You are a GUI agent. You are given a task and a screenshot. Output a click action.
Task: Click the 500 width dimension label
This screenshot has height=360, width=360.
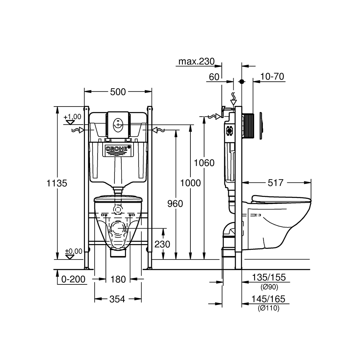tap(118, 92)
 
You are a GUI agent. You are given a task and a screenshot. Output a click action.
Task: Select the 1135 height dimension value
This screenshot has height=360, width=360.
tap(57, 183)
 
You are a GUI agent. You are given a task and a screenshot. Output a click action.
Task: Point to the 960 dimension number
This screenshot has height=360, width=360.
tap(175, 204)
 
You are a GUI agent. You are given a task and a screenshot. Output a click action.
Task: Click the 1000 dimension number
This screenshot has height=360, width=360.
tap(190, 183)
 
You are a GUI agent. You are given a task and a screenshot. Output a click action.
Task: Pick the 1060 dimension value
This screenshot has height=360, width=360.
tap(204, 163)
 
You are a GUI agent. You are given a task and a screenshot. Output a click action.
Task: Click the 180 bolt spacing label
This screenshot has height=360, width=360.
tap(118, 279)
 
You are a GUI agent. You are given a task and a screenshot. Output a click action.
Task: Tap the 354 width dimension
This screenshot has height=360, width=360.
tap(118, 299)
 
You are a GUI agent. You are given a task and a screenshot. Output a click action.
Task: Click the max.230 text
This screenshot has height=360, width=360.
tap(197, 62)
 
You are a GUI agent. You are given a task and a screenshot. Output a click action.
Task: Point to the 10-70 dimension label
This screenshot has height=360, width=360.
tap(273, 77)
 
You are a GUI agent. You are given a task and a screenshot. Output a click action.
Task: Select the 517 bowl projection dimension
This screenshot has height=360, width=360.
tap(276, 183)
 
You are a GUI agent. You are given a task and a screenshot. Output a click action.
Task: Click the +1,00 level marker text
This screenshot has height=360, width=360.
tap(73, 117)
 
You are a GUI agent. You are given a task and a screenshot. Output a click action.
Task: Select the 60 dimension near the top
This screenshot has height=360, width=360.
tap(214, 77)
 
